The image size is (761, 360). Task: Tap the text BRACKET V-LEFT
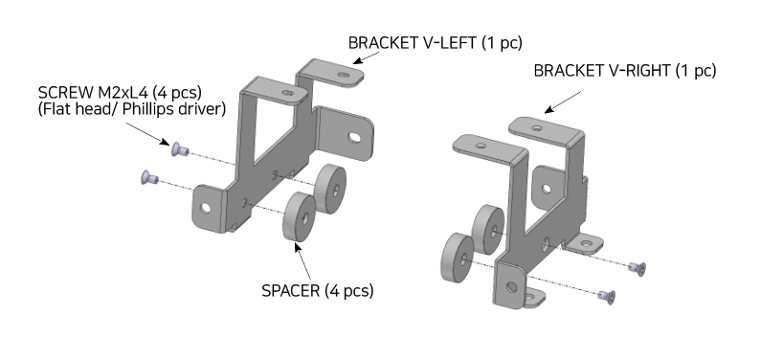click(x=413, y=43)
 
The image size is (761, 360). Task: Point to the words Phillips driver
click(x=174, y=109)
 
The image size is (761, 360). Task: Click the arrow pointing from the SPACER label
click(x=302, y=261)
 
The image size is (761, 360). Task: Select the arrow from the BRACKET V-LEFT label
click(x=367, y=57)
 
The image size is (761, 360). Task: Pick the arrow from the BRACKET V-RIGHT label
click(x=563, y=101)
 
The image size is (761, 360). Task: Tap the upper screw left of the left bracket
click(x=180, y=149)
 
